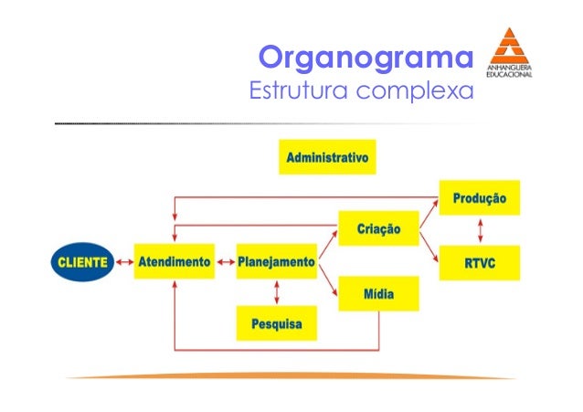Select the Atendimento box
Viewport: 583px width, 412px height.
click(x=175, y=261)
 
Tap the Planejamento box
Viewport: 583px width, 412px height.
click(x=276, y=261)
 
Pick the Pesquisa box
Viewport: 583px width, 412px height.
click(x=276, y=322)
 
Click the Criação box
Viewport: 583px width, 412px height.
click(x=377, y=227)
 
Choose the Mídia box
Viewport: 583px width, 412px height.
click(x=377, y=294)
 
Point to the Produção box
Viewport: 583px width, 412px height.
click(x=479, y=197)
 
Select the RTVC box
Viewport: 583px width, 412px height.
click(x=479, y=262)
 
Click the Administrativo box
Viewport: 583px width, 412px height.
click(x=327, y=157)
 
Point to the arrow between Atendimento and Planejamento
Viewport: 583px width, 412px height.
click(x=225, y=262)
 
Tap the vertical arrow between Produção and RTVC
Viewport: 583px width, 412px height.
click(x=479, y=230)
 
